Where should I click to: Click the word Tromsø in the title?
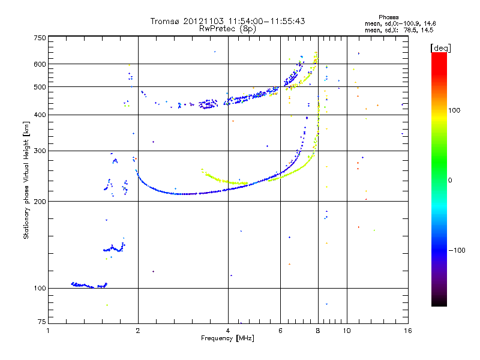165,21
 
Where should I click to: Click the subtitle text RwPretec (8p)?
227,29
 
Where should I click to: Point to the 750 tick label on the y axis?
40,38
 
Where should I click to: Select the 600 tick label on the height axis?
40,64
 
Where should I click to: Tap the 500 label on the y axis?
40,87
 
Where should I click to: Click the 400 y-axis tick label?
40,115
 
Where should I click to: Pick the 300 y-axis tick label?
40,151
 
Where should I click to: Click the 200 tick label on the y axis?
40,202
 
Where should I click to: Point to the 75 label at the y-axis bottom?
42,322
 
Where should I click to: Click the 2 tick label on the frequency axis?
138,331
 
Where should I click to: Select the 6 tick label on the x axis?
280,331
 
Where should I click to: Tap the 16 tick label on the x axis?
408,331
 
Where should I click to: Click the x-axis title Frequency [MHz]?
227,338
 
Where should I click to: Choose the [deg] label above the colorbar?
440,48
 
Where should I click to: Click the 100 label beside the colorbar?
454,110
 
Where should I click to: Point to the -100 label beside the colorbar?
457,250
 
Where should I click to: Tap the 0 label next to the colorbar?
450,181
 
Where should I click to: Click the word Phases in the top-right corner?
388,17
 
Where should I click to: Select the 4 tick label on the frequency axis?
228,331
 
